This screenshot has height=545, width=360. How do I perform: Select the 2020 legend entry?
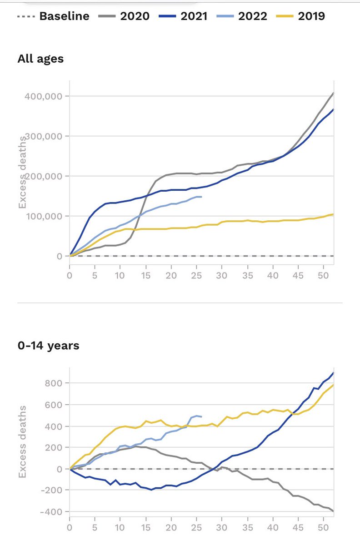point(124,17)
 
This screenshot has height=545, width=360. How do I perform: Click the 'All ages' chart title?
point(40,59)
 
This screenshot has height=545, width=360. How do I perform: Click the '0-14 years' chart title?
point(48,346)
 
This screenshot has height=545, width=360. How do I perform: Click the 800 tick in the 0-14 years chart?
point(53,383)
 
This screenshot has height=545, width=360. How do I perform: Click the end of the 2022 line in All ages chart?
point(201,197)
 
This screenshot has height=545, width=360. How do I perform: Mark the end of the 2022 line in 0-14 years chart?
point(201,416)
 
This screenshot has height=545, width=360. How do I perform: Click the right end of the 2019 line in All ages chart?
point(333,214)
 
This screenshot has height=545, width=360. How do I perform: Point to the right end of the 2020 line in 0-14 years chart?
point(333,511)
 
